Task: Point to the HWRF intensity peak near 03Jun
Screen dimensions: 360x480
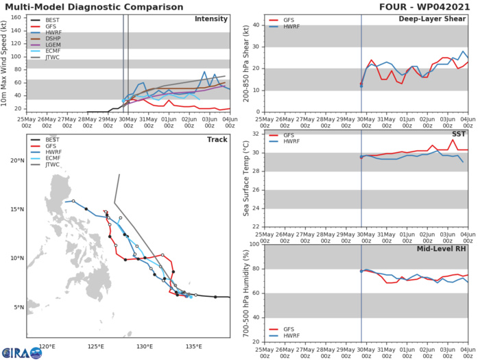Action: (204, 71)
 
